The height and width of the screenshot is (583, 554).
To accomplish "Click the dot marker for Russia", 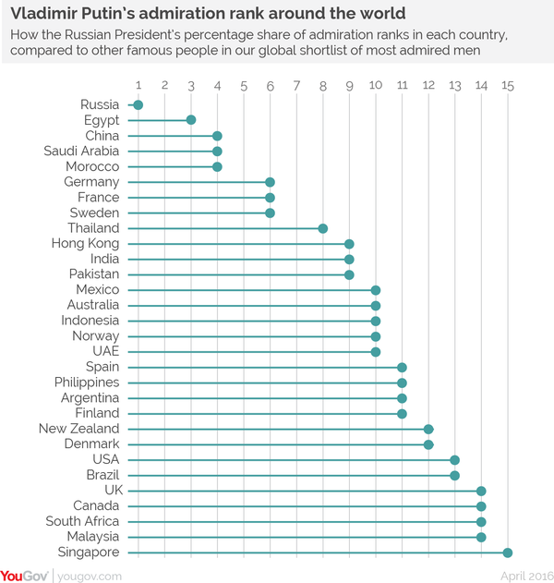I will click(138, 105).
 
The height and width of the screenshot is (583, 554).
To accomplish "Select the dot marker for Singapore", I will click(508, 553).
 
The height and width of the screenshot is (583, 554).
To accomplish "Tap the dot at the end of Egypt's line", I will click(191, 120).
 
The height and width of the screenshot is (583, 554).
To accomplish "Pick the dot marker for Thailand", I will click(323, 228).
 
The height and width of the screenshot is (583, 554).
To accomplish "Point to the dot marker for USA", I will click(455, 460).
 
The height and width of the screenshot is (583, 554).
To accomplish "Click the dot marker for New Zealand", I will click(428, 429).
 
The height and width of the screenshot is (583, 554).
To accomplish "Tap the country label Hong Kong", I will click(86, 244).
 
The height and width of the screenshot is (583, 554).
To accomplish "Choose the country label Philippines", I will click(87, 383).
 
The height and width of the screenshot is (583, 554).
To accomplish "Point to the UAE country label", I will click(104, 352).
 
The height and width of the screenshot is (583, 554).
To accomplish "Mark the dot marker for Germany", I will click(270, 182).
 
